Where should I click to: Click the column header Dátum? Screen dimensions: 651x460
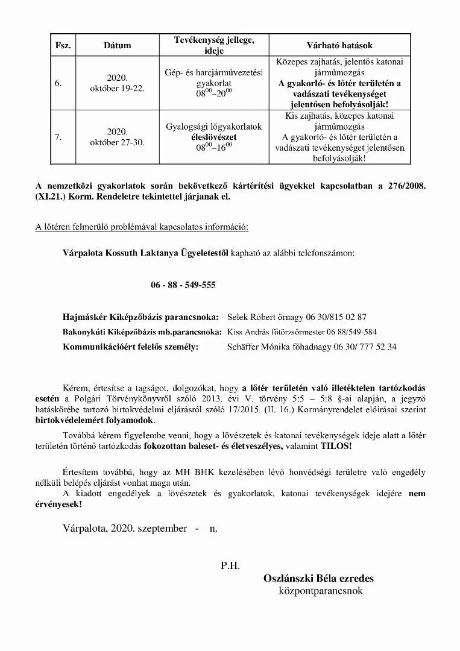point(117,46)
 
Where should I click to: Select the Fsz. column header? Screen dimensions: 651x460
point(63,46)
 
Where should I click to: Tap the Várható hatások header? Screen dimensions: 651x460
point(340,46)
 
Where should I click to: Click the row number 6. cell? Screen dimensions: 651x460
point(58,83)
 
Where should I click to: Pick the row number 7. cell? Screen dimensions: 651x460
point(58,137)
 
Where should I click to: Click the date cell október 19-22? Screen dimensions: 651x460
point(117,89)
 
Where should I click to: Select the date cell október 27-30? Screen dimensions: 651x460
point(117,142)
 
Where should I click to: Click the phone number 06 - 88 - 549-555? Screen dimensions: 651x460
point(183,285)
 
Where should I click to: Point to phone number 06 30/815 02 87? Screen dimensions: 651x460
point(336,316)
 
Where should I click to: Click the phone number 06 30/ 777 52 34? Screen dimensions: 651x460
point(362,347)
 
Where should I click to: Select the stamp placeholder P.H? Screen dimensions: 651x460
point(230,565)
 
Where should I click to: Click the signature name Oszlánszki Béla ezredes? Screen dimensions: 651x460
point(318,579)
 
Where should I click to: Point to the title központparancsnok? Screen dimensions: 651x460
point(321,591)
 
